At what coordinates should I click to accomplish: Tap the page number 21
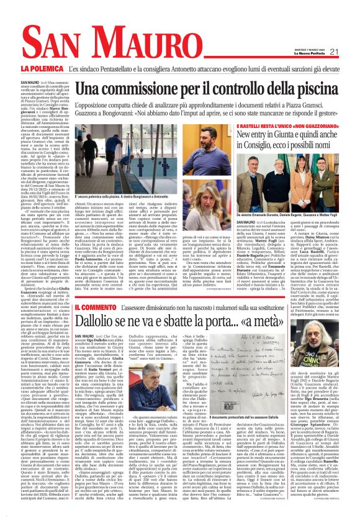click(334, 52)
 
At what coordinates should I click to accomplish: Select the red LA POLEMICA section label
click(42, 68)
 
